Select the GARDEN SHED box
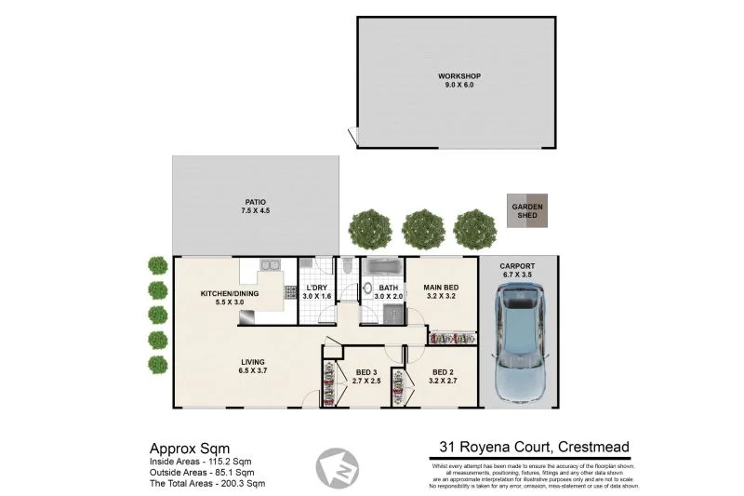click(x=528, y=210)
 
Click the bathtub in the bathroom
click(x=382, y=268)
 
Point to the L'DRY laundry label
click(x=316, y=293)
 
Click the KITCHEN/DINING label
click(x=229, y=299)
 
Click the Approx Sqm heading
click(x=184, y=447)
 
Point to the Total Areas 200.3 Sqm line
click(x=207, y=484)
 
